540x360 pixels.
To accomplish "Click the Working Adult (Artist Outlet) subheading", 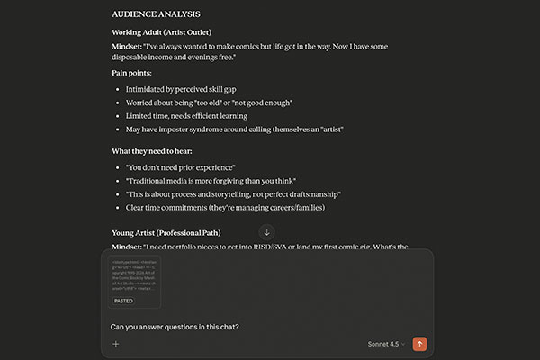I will pyautogui.click(x=167, y=33).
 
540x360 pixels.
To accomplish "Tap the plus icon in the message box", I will pyautogui.click(x=115, y=344).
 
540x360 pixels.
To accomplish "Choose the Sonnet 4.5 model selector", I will pyautogui.click(x=388, y=344).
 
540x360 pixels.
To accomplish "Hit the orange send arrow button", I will pyautogui.click(x=419, y=344).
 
